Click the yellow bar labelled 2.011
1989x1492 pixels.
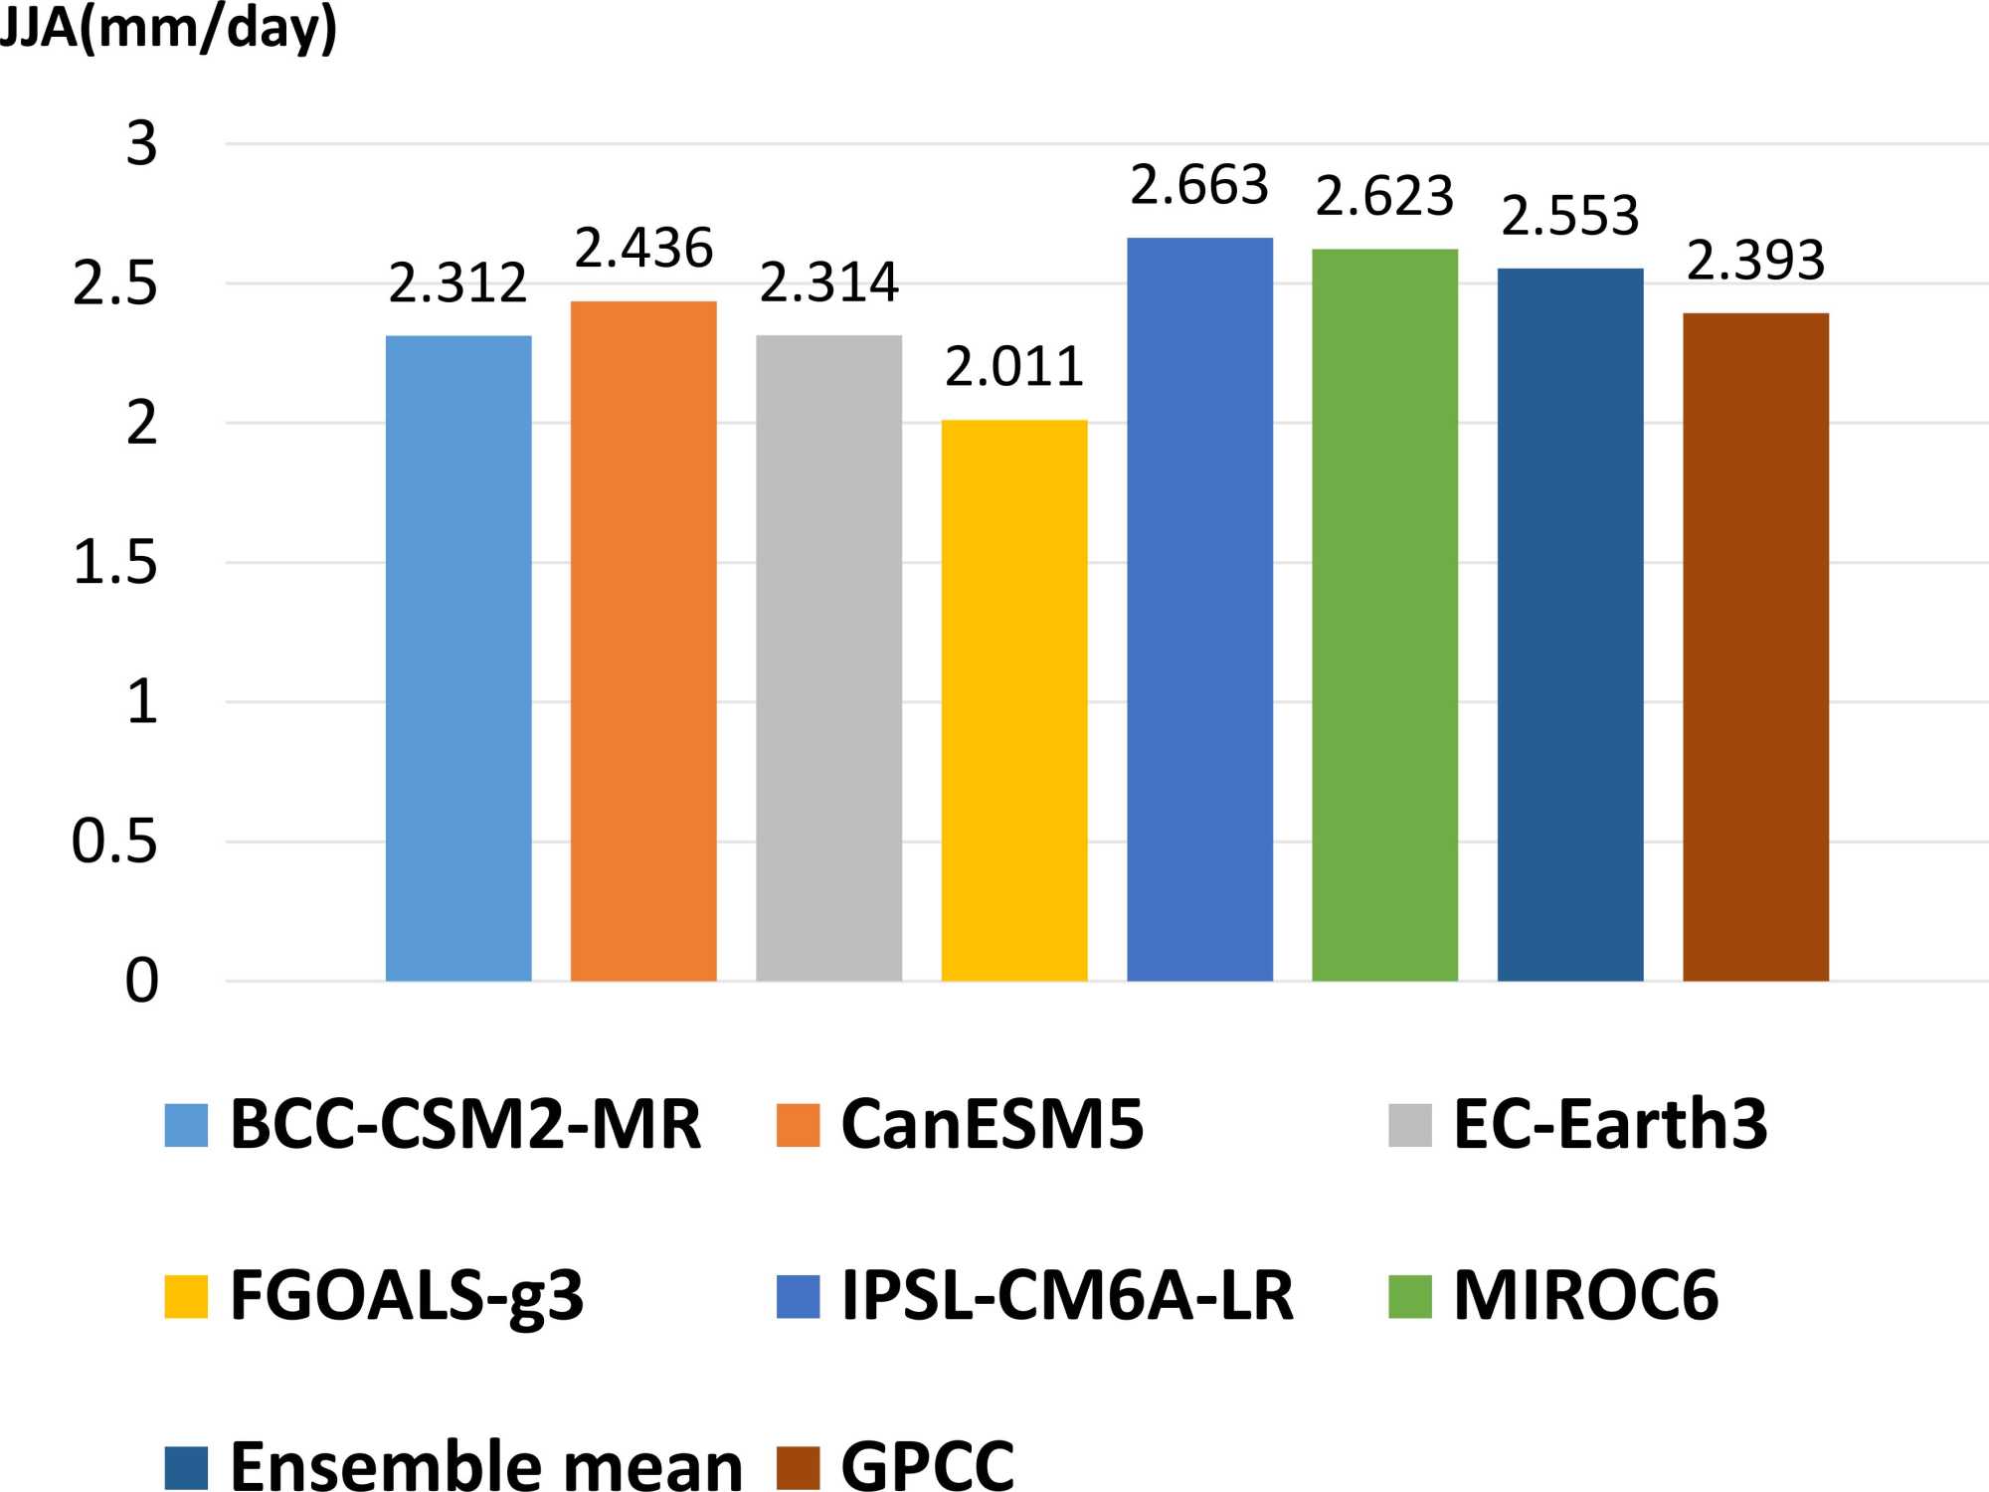[1014, 700]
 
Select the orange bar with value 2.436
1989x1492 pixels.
[643, 641]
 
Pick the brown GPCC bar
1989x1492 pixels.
[1755, 647]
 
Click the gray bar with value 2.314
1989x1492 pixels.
[828, 657]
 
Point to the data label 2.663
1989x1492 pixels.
[1199, 186]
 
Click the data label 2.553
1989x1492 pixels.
[1570, 216]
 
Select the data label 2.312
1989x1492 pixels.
[457, 283]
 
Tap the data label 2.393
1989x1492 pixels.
[1755, 261]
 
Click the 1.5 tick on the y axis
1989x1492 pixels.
[115, 563]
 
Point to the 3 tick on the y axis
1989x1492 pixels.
[141, 144]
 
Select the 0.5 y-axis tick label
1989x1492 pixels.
[114, 842]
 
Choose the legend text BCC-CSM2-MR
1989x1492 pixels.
[465, 1125]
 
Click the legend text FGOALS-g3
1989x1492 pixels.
[407, 1296]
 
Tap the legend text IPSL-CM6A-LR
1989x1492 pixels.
[1068, 1296]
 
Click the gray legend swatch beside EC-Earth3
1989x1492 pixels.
[1410, 1126]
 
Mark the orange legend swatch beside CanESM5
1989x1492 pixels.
[798, 1126]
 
